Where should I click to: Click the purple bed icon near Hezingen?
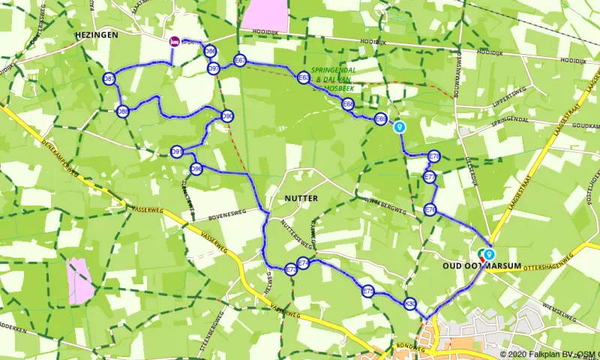click(x=174, y=42)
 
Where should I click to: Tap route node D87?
click(x=109, y=79)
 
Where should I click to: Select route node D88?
click(x=123, y=112)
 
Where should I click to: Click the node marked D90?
click(x=227, y=115)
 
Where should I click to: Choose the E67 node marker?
click(x=240, y=60)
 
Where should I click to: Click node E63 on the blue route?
click(x=303, y=77)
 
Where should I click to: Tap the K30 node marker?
click(x=409, y=304)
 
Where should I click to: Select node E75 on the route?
click(x=367, y=291)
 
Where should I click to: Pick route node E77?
click(x=430, y=177)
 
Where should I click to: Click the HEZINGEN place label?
click(x=93, y=35)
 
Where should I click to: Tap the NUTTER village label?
click(x=301, y=199)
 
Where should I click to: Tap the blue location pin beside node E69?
click(x=400, y=127)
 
